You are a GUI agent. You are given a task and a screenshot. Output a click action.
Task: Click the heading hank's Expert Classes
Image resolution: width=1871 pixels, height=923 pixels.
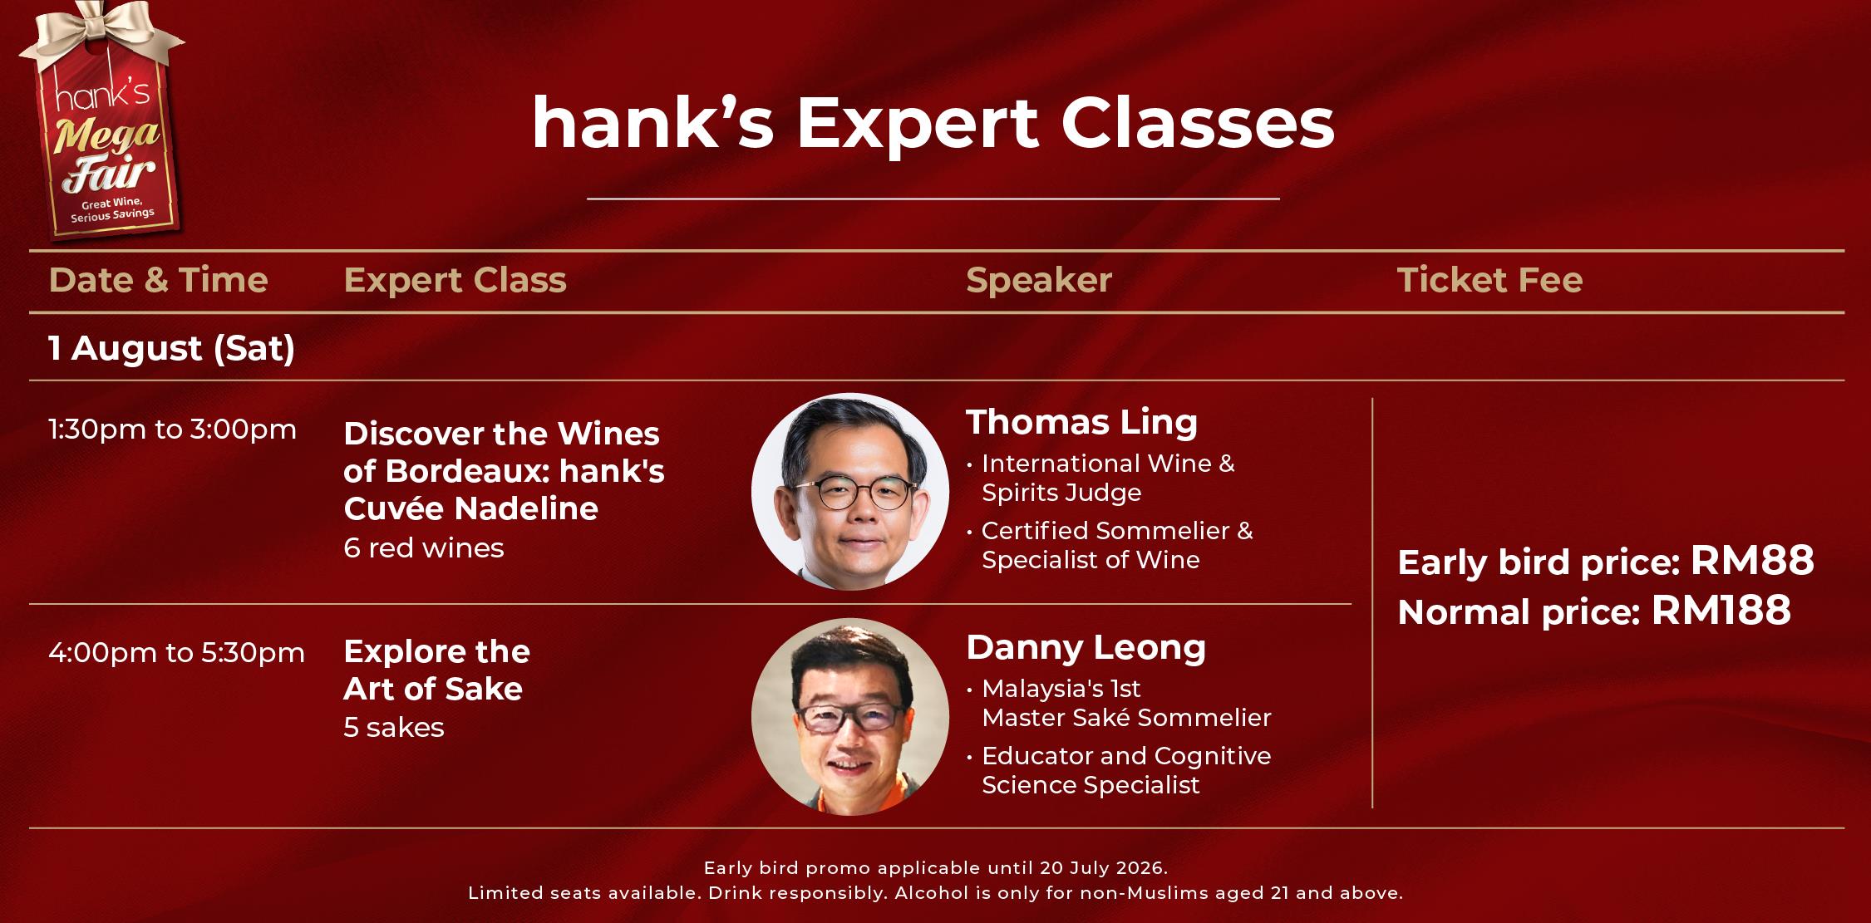pyautogui.click(x=933, y=123)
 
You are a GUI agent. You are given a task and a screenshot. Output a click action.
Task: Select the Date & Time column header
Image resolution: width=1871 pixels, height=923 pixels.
pyautogui.click(x=159, y=280)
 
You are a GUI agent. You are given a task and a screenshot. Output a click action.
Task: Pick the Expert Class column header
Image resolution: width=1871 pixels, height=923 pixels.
pyautogui.click(x=455, y=281)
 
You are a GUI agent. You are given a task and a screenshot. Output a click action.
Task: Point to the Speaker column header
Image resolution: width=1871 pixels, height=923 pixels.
pyautogui.click(x=1039, y=281)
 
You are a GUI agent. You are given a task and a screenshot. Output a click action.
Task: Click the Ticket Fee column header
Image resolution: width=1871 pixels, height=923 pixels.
pyautogui.click(x=1490, y=280)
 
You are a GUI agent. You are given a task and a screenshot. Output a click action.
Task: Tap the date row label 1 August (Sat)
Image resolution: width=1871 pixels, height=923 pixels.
pyautogui.click(x=172, y=349)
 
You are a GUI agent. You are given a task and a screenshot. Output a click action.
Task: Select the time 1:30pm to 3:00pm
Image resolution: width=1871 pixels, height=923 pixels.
pyautogui.click(x=173, y=430)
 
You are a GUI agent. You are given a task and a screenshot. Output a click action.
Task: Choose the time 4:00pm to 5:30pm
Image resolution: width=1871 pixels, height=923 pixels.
pyautogui.click(x=177, y=653)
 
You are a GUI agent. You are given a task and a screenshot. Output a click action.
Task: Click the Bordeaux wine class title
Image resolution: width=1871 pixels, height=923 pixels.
pyautogui.click(x=505, y=471)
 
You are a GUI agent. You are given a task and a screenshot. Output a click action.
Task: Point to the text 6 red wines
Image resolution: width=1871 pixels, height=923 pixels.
pyautogui.click(x=424, y=548)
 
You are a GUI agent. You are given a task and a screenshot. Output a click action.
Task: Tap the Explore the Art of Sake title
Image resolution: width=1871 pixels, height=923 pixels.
pyautogui.click(x=437, y=670)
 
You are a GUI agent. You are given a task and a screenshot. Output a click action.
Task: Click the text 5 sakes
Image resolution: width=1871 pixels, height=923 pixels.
pyautogui.click(x=394, y=728)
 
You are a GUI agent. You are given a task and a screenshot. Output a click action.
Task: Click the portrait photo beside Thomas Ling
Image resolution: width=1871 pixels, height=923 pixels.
pyautogui.click(x=850, y=491)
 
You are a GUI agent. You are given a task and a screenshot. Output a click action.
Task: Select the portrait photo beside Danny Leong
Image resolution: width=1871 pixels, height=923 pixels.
pyautogui.click(x=850, y=716)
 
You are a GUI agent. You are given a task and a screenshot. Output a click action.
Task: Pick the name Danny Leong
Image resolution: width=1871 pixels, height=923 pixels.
pyautogui.click(x=1086, y=648)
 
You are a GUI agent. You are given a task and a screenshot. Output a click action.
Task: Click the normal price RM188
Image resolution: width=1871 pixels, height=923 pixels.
pyautogui.click(x=1721, y=611)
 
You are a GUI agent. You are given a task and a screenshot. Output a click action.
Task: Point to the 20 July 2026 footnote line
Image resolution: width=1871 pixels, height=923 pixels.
pyautogui.click(x=936, y=868)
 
